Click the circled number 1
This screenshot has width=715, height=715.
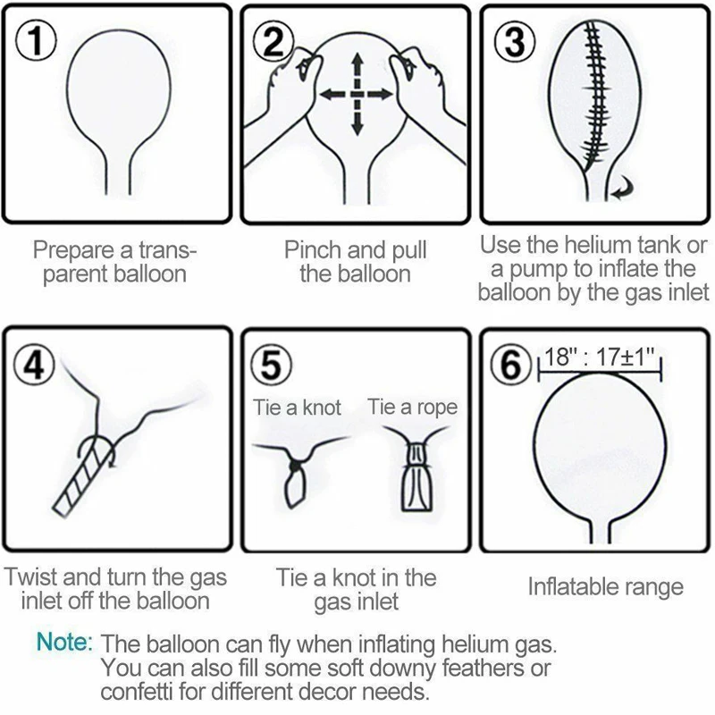pyautogui.click(x=35, y=40)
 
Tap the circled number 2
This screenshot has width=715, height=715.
pyautogui.click(x=273, y=40)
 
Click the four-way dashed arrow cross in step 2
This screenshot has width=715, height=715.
pyautogui.click(x=357, y=94)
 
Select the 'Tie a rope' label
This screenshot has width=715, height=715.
pyautogui.click(x=412, y=408)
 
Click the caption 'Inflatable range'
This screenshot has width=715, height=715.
pyautogui.click(x=605, y=586)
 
